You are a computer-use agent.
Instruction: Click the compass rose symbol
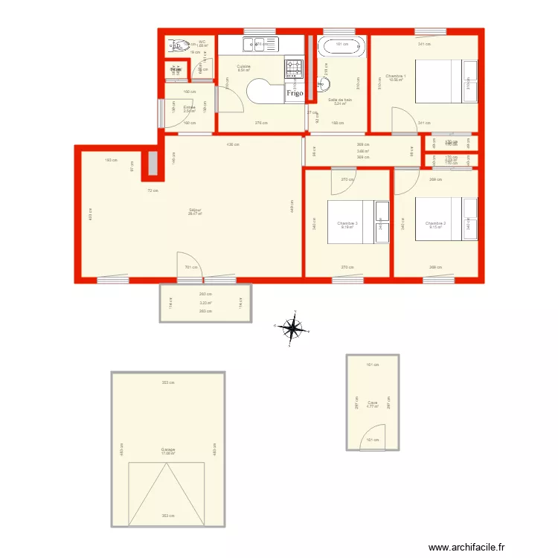tap(295, 326)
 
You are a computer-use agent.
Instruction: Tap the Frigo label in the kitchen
tap(295, 94)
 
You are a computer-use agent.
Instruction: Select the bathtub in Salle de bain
tap(342, 47)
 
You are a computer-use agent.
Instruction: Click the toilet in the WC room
tap(179, 47)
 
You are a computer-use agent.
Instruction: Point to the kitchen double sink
tap(257, 44)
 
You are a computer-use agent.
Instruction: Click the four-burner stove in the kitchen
tap(294, 70)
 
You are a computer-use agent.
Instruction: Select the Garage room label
tap(167, 449)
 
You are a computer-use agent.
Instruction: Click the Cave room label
tap(373, 403)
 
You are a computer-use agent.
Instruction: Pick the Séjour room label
tap(195, 211)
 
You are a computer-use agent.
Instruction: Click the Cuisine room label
tap(243, 66)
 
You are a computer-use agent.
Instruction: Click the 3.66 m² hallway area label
tap(363, 151)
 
